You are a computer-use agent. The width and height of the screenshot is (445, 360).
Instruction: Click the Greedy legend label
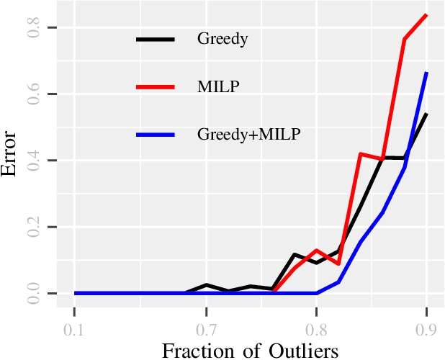(x=223, y=39)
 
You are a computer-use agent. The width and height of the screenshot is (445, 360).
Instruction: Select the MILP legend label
(x=218, y=86)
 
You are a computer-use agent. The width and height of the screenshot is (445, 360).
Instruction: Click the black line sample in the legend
(x=156, y=39)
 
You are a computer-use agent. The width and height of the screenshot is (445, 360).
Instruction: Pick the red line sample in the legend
(x=156, y=86)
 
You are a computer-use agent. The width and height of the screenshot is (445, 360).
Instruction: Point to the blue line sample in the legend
(x=156, y=134)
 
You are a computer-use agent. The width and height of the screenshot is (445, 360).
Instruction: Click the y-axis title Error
(x=12, y=153)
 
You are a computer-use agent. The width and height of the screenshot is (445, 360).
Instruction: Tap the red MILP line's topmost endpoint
(x=427, y=14)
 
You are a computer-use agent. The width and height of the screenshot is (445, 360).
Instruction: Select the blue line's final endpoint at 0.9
(x=427, y=73)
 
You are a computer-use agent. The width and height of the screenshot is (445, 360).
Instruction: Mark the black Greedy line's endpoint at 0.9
(x=427, y=114)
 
